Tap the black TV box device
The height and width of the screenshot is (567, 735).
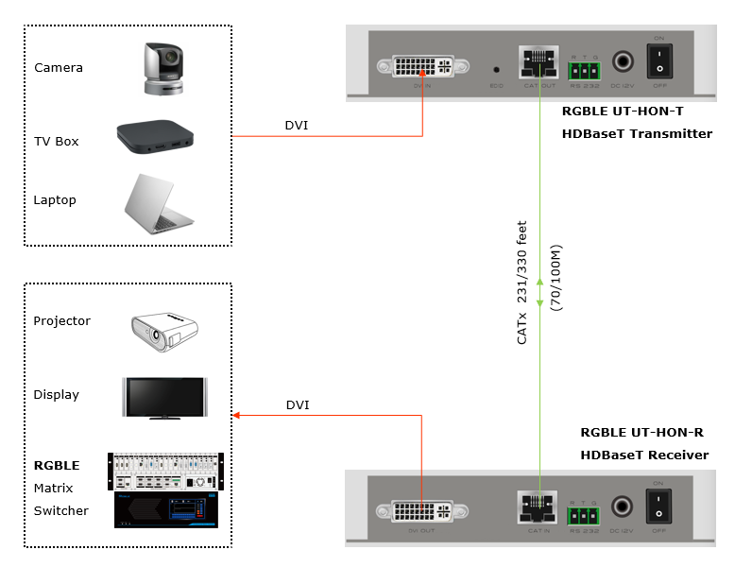click(x=155, y=138)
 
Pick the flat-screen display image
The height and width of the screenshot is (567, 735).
click(x=164, y=397)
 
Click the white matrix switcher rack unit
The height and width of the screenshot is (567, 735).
click(x=164, y=471)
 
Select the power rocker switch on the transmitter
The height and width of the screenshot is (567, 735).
click(x=659, y=63)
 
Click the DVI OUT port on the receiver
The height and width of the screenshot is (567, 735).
click(x=422, y=511)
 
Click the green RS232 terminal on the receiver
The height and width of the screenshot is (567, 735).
click(x=585, y=516)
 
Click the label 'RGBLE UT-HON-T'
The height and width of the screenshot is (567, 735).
click(x=621, y=111)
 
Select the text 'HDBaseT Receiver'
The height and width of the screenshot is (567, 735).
click(x=644, y=455)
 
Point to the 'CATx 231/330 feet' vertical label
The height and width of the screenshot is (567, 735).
click(x=522, y=283)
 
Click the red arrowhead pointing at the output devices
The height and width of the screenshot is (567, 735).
click(x=236, y=415)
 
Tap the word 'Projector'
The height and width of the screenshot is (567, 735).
click(x=62, y=321)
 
